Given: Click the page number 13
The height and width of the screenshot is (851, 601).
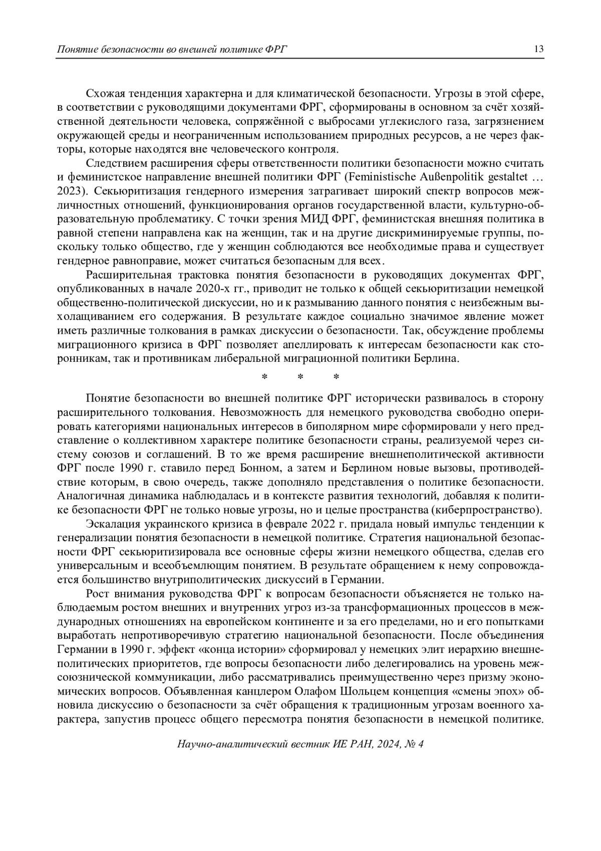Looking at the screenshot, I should coord(539,49).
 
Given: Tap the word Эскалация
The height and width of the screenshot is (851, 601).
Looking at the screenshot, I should coord(110,524).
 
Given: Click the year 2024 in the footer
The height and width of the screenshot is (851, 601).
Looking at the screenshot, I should coord(388,744).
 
